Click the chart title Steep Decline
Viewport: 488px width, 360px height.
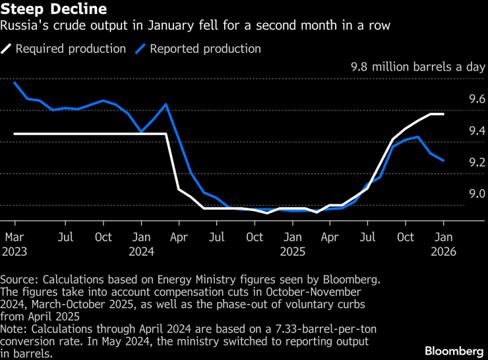55,11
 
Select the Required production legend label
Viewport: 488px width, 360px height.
70,49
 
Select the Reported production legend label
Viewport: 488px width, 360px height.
205,49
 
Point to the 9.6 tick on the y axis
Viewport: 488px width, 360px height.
477,99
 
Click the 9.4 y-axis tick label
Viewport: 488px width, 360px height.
477,131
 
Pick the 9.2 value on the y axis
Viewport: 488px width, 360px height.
477,162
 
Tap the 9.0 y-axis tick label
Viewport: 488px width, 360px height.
477,194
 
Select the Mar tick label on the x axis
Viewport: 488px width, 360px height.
15,236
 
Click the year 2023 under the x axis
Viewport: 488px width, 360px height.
15,251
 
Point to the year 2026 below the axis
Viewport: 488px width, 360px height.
443,251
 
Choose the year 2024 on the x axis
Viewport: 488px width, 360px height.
142,251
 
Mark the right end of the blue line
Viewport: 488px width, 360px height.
443,160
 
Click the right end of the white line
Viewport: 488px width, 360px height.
443,114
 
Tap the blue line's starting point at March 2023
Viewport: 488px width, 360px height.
15,82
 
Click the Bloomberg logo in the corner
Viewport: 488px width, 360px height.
454,349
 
